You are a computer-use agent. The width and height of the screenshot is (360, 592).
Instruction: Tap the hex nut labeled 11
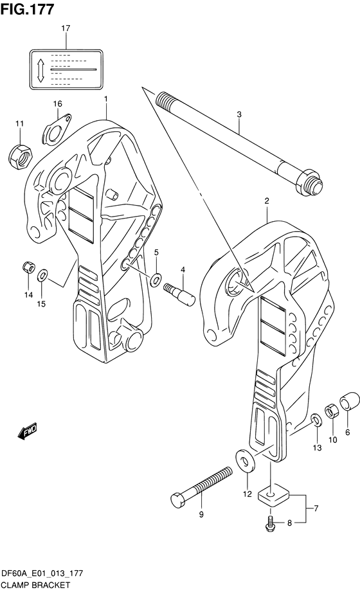point(19,154)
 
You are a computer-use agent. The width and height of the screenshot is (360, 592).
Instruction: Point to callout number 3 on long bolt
point(239,115)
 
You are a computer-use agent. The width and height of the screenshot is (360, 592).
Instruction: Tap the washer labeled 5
point(156,279)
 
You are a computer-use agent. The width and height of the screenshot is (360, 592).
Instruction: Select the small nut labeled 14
point(28,267)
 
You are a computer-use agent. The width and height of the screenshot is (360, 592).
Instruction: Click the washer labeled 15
point(42,276)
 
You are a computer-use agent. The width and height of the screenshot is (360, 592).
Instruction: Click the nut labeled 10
point(332,411)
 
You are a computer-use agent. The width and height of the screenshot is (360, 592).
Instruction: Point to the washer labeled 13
point(316,420)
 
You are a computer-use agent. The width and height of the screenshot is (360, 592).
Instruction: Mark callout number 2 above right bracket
point(266,202)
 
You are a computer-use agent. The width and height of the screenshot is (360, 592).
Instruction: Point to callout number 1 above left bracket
point(105,99)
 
